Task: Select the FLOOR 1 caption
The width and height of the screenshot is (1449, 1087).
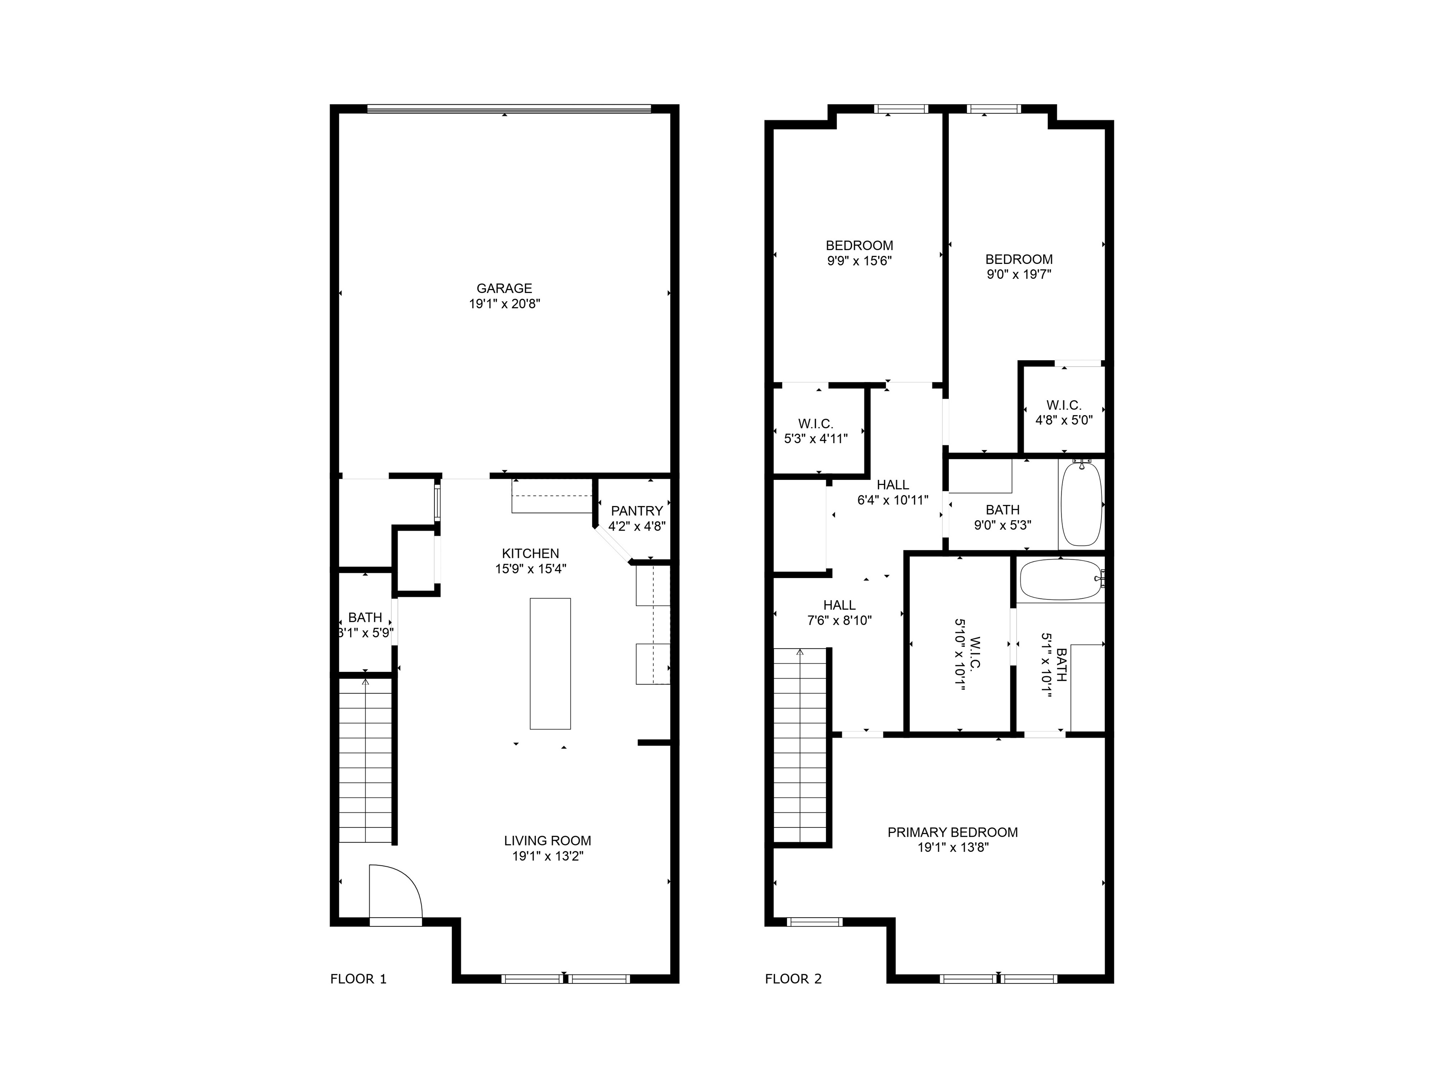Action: coord(358,979)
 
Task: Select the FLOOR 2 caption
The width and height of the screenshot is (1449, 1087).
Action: coord(793,979)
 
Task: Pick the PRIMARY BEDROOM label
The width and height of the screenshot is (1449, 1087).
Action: coord(952,832)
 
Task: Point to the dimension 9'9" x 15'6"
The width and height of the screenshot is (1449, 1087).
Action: coord(859,261)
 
